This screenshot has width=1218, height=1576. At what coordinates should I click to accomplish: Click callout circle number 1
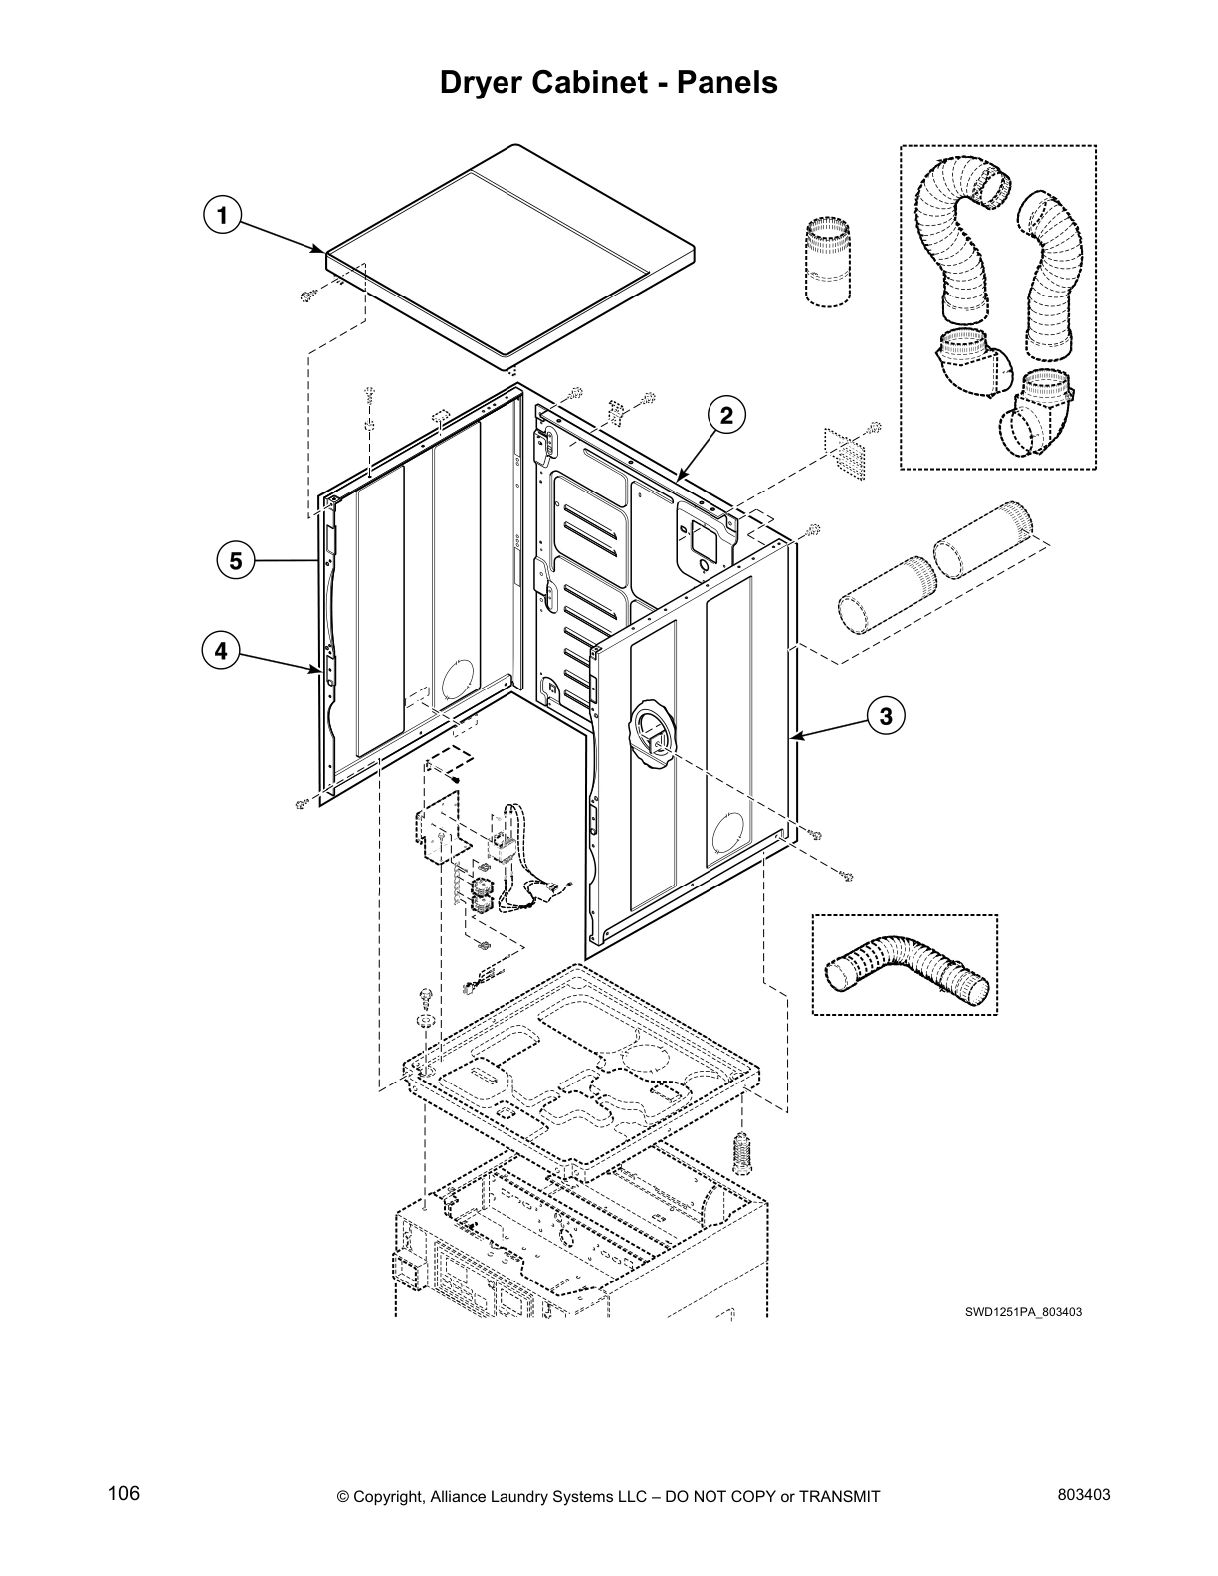click(222, 215)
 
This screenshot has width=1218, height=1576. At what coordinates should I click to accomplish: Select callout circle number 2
click(726, 416)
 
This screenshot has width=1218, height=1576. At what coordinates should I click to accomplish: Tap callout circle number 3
click(886, 714)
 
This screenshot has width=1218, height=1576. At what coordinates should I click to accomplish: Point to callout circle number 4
click(220, 651)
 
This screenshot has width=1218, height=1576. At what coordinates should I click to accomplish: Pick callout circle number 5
click(236, 561)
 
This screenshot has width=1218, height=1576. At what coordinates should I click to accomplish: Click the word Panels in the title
click(727, 83)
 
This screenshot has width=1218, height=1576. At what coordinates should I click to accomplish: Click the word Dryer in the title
click(477, 83)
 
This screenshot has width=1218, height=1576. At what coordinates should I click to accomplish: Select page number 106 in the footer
click(124, 1493)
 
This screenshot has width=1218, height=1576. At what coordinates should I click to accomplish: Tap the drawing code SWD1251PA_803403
click(1022, 1312)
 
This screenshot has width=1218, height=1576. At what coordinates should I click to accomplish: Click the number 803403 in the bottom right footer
click(1084, 1495)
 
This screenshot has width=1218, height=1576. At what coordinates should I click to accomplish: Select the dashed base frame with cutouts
click(577, 1065)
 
